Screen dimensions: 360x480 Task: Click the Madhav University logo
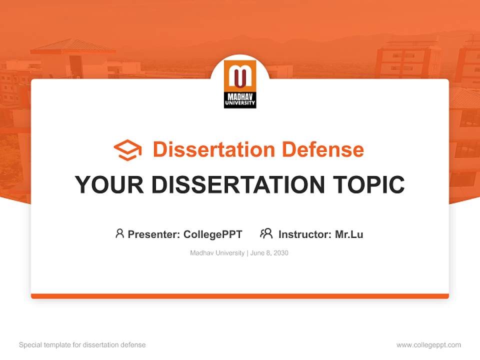(x=240, y=84)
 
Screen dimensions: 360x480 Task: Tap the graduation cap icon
(x=127, y=150)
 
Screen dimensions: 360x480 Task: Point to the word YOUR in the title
(x=109, y=185)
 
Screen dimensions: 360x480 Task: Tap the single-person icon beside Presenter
(x=119, y=233)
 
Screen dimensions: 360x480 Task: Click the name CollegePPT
(x=213, y=234)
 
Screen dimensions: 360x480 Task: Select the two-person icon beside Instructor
(x=266, y=233)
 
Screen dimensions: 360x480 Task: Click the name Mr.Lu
(x=349, y=234)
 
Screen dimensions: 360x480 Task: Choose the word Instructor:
(x=305, y=234)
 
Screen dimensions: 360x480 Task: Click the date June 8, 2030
(x=269, y=253)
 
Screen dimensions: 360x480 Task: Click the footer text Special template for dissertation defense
(x=82, y=345)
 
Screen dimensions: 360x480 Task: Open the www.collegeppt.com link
(x=428, y=345)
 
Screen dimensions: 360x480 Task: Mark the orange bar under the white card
(x=240, y=296)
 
